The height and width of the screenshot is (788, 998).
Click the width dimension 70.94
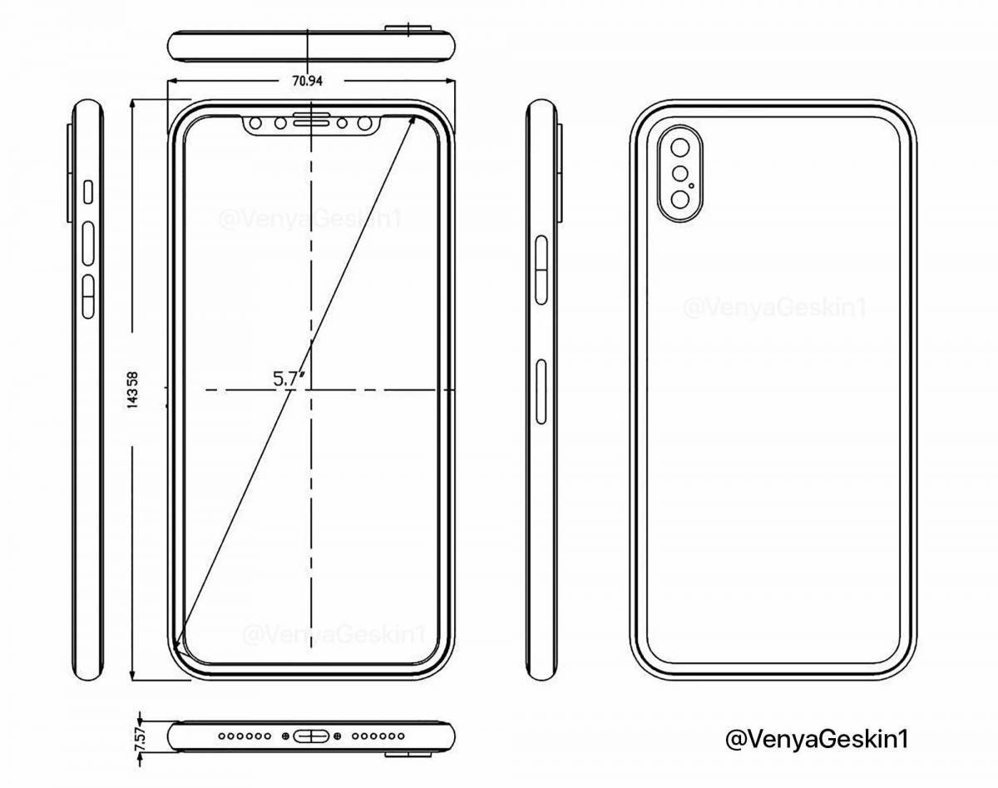308,81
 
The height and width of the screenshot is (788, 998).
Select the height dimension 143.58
132,389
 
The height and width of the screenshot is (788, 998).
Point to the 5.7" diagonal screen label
289,378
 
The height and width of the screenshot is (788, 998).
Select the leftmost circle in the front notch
256,125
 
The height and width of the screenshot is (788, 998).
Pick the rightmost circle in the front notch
364,125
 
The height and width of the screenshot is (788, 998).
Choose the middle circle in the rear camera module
681,175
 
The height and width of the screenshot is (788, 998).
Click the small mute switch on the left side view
88,192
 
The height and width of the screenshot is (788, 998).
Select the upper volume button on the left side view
88,240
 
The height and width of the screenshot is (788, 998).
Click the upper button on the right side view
541,266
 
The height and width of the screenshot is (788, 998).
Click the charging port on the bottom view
310,736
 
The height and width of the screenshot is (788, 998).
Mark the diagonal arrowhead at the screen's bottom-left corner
177,644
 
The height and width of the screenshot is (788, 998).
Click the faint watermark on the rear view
774,308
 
